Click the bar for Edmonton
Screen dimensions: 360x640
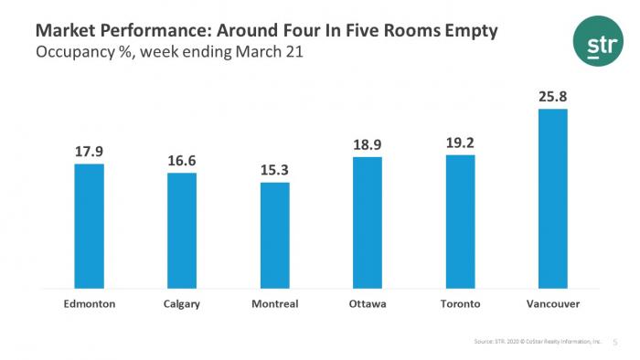89,227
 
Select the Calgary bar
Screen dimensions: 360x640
181,231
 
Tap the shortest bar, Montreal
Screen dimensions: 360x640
274,236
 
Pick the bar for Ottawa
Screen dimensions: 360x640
367,224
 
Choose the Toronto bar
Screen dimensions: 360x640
460,222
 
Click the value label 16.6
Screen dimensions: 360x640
181,161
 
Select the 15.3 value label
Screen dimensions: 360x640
274,171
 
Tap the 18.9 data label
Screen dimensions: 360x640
367,144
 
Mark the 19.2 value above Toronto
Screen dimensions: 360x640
460,143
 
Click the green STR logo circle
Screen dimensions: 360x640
592,41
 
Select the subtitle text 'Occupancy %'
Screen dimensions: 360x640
78,52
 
